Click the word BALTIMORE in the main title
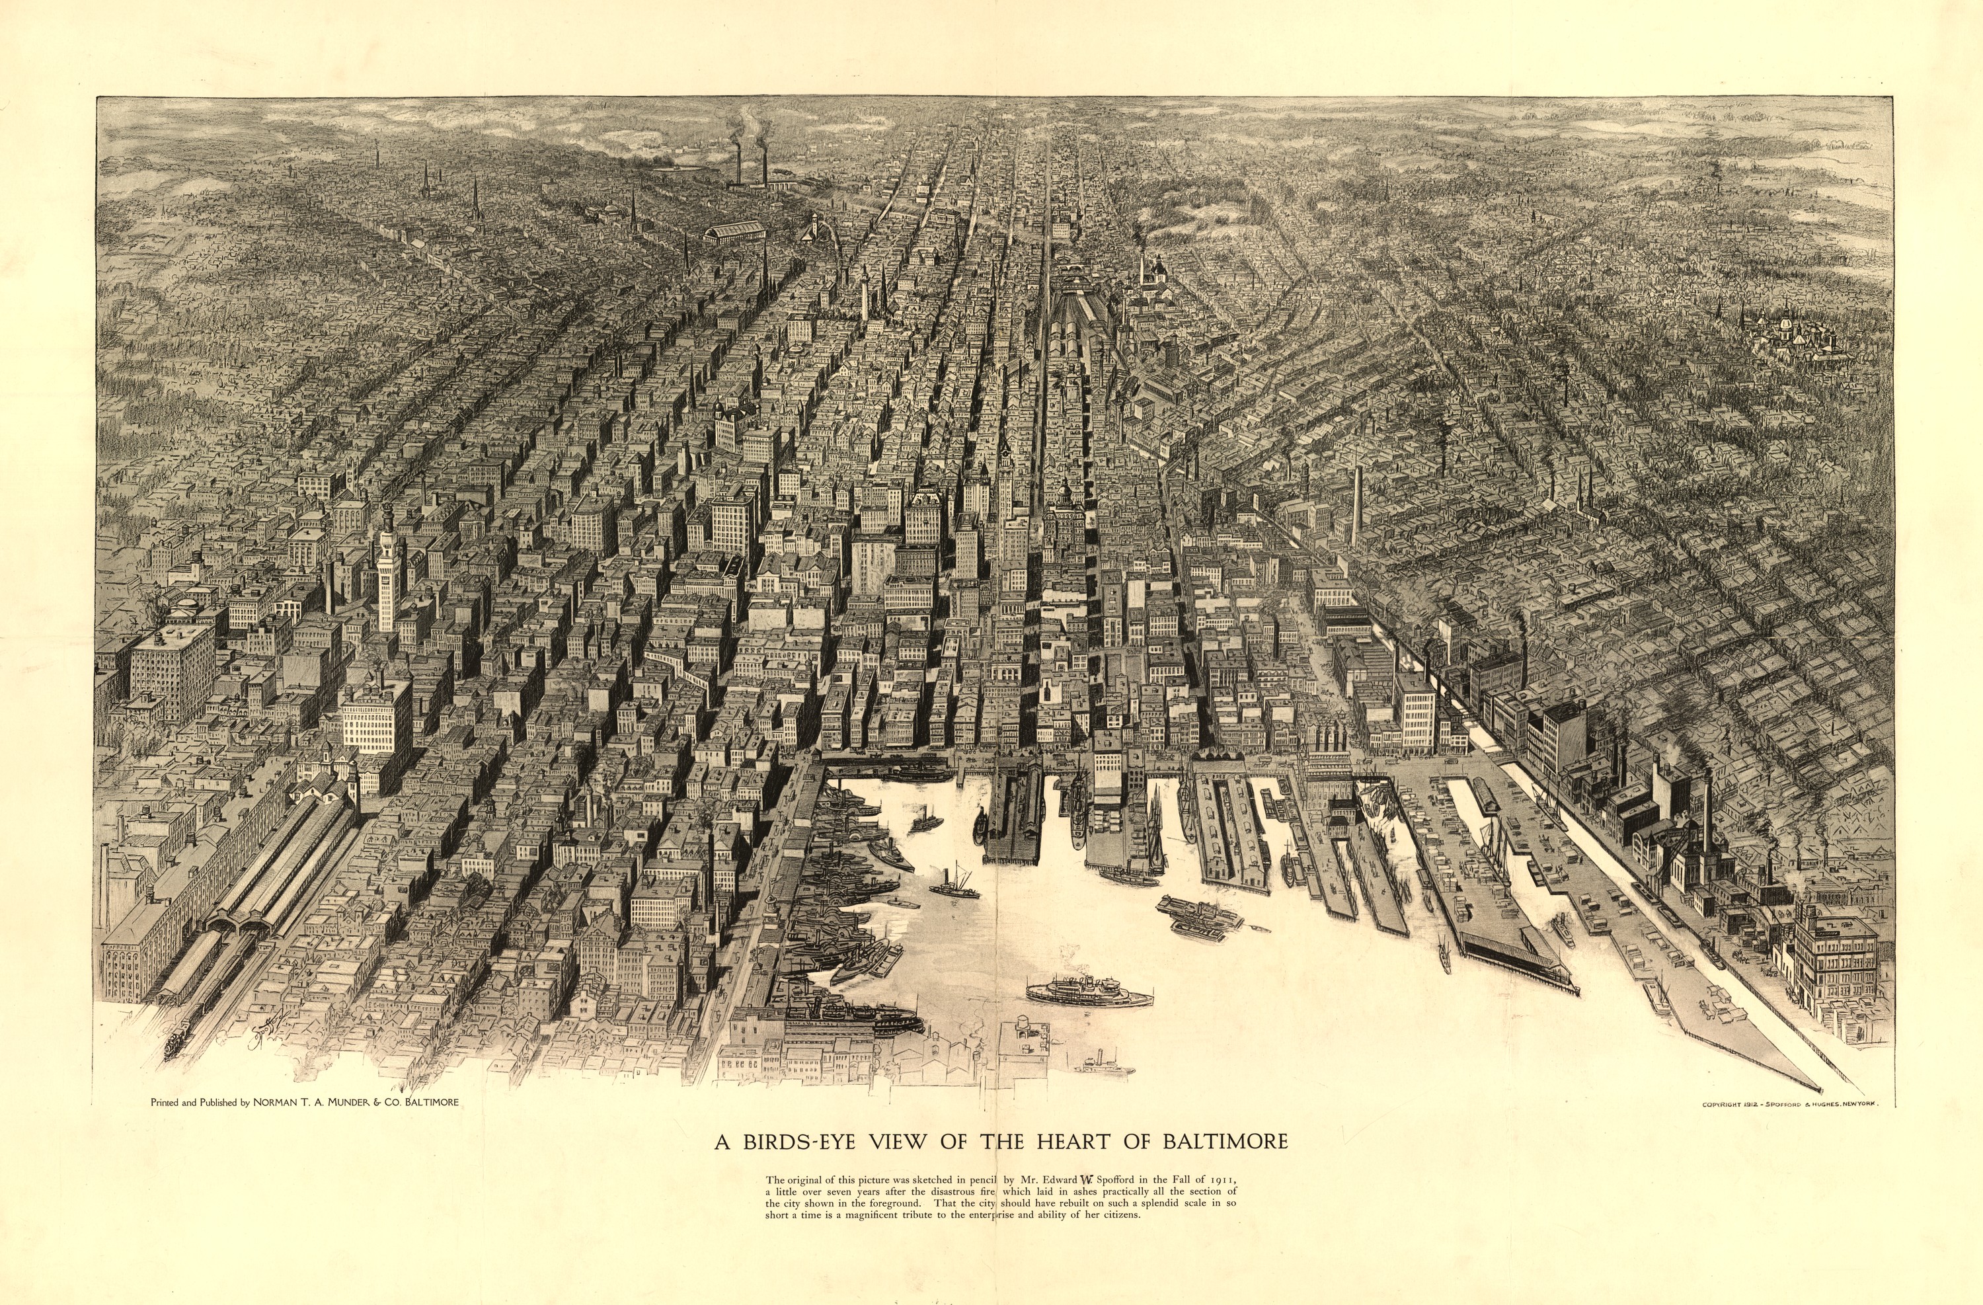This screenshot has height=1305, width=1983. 1225,1141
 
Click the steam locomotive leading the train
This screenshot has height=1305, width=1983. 176,1042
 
